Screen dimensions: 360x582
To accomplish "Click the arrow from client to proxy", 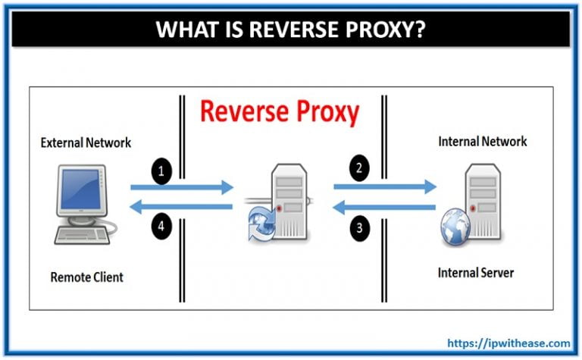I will tap(182, 186).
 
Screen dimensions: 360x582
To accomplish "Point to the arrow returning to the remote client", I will tap(182, 207).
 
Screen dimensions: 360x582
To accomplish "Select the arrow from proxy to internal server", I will tap(385, 186).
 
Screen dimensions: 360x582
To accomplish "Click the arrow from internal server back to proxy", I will tap(385, 207).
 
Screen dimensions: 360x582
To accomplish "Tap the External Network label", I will tap(86, 142).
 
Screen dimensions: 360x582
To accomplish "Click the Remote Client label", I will tap(86, 277).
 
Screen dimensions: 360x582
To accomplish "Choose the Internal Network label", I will tap(482, 141).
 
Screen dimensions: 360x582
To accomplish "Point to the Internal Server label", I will tap(477, 272).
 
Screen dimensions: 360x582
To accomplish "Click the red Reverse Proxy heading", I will tap(279, 112).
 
